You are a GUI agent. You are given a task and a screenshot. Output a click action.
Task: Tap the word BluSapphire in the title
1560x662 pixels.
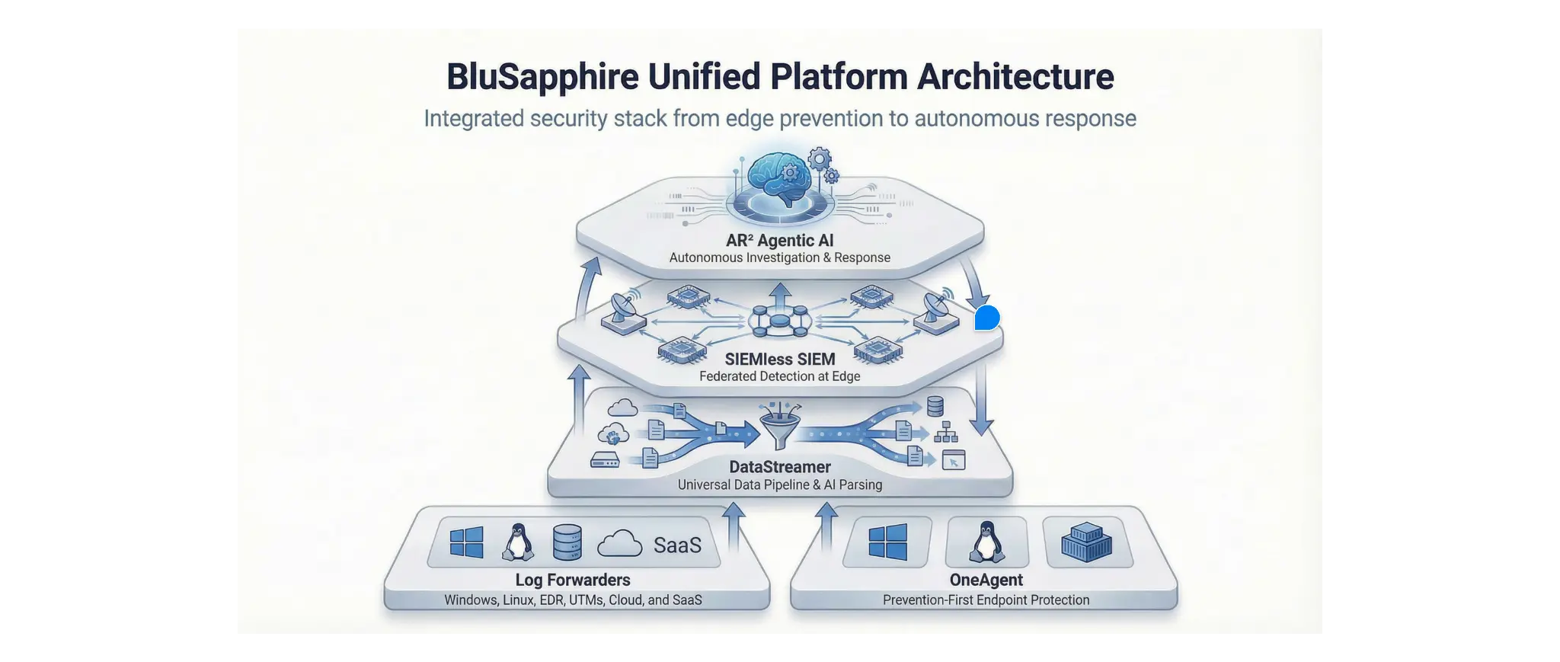click(x=542, y=77)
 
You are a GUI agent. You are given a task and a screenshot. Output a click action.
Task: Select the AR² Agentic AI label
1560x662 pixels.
click(x=780, y=241)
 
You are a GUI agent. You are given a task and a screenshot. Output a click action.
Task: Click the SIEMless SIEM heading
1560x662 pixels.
click(x=780, y=359)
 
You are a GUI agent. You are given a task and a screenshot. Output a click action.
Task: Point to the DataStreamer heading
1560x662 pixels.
click(x=780, y=467)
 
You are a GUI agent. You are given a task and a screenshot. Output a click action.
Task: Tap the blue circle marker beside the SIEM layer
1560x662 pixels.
click(x=987, y=318)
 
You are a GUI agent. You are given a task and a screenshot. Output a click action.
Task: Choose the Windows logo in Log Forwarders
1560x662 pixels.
click(x=467, y=543)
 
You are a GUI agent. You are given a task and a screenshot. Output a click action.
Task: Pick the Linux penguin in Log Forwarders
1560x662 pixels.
click(x=518, y=542)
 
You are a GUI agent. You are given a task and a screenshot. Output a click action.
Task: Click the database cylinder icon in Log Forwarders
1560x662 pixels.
click(x=567, y=542)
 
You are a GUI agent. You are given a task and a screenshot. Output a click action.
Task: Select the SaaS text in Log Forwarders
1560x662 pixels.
click(x=677, y=545)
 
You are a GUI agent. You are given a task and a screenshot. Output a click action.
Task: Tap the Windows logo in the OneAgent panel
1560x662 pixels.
click(x=888, y=542)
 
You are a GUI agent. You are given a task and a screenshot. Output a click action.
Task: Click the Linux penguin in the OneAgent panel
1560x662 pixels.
click(x=986, y=542)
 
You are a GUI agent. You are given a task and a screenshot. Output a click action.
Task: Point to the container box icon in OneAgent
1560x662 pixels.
click(x=1087, y=542)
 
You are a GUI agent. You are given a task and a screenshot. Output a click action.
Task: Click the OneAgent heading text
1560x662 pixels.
click(x=986, y=580)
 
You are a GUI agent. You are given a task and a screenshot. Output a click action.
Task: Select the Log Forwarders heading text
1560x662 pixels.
click(x=573, y=580)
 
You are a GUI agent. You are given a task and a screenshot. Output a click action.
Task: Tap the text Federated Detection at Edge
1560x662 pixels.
click(x=780, y=376)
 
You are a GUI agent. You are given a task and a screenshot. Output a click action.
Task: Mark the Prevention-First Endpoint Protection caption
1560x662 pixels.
click(x=986, y=600)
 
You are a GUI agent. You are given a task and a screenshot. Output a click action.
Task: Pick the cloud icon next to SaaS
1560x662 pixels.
click(x=620, y=544)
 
